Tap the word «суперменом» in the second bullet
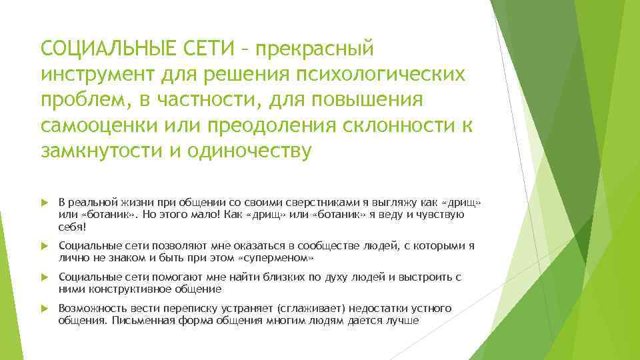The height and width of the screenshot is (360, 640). pos(276,257)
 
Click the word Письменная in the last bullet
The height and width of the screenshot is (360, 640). pos(141,320)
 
